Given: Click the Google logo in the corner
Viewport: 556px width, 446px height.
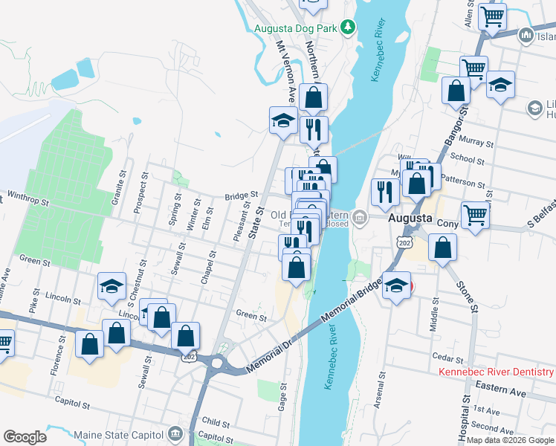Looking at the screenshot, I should click(x=25, y=436).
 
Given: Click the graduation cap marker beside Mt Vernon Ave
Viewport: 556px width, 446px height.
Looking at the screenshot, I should click(x=282, y=122).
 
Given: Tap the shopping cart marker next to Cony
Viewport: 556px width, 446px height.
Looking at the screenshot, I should click(x=475, y=216).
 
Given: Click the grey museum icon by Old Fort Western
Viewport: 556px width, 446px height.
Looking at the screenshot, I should click(x=360, y=218).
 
